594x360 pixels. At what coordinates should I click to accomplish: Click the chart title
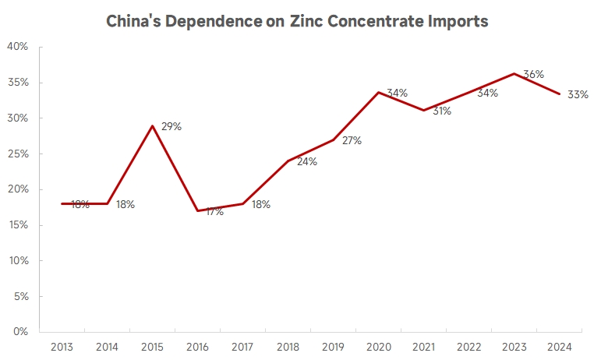click(x=297, y=21)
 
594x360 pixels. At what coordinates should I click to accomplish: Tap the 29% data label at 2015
click(x=171, y=126)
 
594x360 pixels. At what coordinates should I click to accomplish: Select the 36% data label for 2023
click(x=533, y=74)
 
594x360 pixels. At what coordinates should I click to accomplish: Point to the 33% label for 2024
click(x=578, y=94)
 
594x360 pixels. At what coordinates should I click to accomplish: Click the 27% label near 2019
click(x=352, y=141)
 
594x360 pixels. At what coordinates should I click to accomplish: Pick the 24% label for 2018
click(x=307, y=162)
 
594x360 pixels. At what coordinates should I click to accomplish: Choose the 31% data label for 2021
click(x=441, y=111)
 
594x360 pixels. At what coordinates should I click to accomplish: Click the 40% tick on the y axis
click(x=17, y=47)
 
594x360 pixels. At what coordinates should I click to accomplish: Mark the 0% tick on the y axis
click(x=20, y=332)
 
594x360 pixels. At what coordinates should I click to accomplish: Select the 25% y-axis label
click(x=17, y=154)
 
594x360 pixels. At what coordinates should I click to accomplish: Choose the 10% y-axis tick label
click(x=17, y=260)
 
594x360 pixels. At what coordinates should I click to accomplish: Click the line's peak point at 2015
click(x=152, y=125)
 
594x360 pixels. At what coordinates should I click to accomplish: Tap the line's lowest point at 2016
click(x=198, y=210)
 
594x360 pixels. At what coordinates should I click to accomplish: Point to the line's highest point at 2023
click(x=514, y=74)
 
